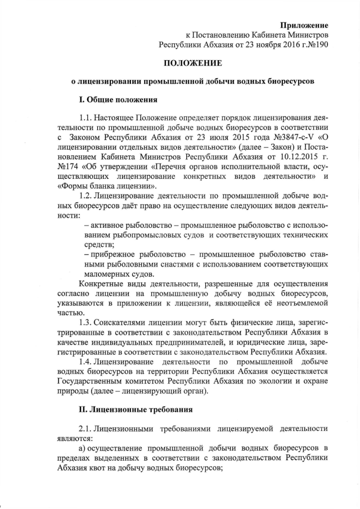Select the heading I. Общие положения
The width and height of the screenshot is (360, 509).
(118, 100)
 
